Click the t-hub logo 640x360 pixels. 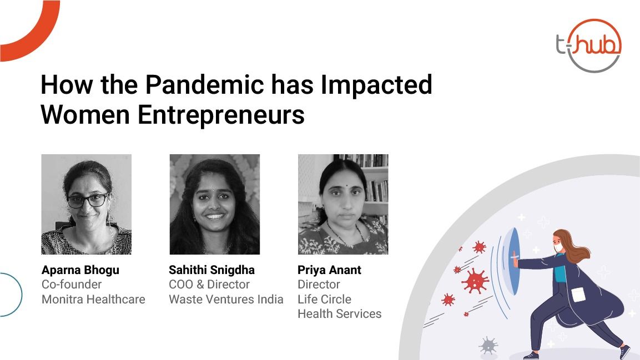[588, 45]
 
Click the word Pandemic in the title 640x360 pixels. [204, 84]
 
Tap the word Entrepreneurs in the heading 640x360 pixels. [221, 115]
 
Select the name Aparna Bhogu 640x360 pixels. [80, 270]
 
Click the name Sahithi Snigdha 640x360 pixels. [212, 270]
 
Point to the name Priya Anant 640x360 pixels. [329, 270]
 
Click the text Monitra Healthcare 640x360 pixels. [93, 299]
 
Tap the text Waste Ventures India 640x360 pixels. [226, 299]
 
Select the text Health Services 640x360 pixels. [340, 314]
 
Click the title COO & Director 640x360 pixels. [209, 285]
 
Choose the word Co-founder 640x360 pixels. [72, 285]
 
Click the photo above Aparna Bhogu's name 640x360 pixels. [87, 204]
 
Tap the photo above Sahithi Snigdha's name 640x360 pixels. [215, 204]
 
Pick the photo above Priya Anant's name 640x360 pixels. [343, 204]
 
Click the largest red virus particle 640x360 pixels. [475, 281]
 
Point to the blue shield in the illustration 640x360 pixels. [511, 261]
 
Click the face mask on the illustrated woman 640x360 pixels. [558, 248]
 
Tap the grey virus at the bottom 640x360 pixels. [488, 346]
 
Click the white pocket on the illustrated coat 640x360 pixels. [578, 295]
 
